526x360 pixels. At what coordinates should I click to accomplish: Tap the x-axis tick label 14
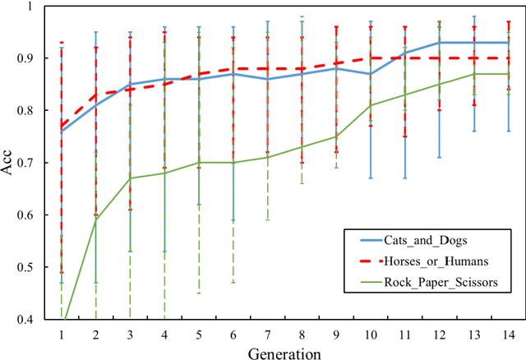pyautogui.click(x=508, y=335)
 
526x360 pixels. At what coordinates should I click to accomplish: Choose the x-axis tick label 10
pyautogui.click(x=371, y=335)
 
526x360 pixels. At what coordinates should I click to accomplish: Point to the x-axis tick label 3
pyautogui.click(x=131, y=335)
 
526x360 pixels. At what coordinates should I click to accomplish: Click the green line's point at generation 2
pyautogui.click(x=96, y=220)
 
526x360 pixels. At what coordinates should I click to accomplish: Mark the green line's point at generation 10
pyautogui.click(x=371, y=105)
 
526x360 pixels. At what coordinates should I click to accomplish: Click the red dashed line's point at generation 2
pyautogui.click(x=96, y=95)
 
